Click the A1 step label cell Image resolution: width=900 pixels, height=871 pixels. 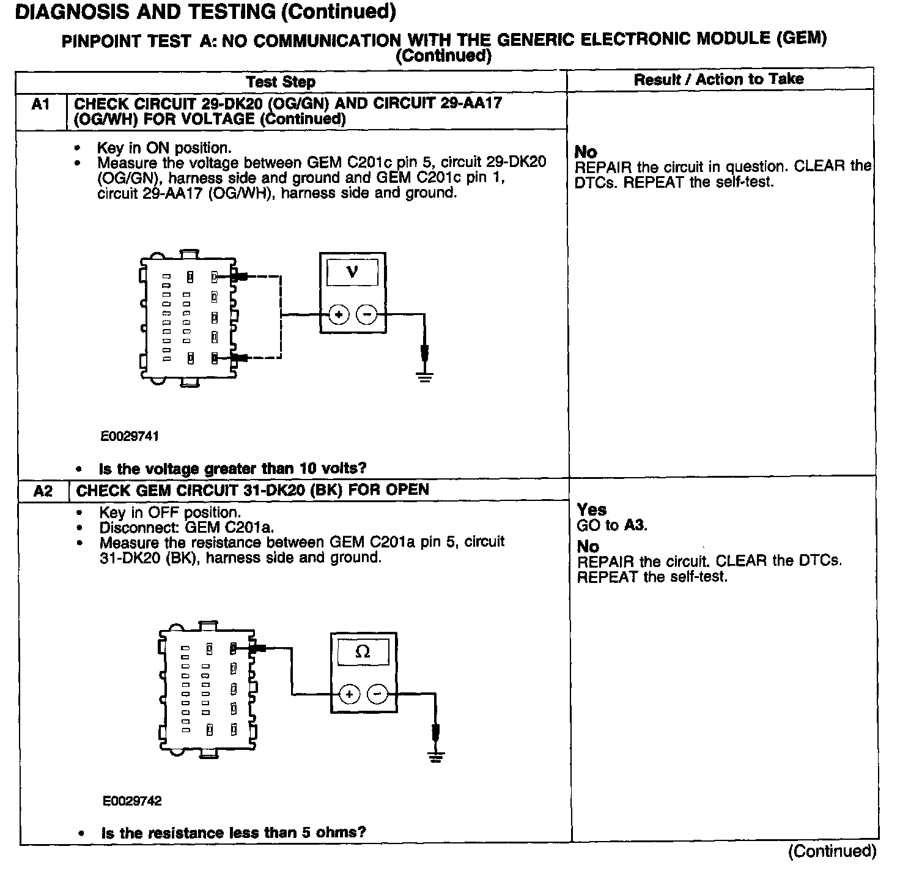(x=40, y=105)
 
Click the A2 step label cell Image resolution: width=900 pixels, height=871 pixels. (x=43, y=491)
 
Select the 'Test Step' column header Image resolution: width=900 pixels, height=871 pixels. (x=281, y=82)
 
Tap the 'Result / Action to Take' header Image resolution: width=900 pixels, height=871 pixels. (x=718, y=79)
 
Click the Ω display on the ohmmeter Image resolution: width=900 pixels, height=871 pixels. (x=363, y=652)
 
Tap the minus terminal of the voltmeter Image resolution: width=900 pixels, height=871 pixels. (x=367, y=315)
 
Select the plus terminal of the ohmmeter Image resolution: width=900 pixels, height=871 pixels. (x=349, y=694)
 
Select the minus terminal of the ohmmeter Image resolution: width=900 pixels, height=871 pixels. (x=377, y=694)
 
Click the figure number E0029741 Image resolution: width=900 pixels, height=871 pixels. (x=130, y=436)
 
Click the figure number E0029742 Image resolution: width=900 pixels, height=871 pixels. (x=133, y=801)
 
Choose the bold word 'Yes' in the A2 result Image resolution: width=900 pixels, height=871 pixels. (x=591, y=510)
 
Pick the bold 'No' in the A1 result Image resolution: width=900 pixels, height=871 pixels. (x=586, y=152)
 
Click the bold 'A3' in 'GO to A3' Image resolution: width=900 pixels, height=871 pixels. (x=635, y=525)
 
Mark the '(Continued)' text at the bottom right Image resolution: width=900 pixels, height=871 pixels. (x=832, y=851)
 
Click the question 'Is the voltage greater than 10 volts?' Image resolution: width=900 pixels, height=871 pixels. (x=232, y=469)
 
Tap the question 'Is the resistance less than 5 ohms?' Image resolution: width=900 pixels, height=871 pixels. (x=234, y=832)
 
